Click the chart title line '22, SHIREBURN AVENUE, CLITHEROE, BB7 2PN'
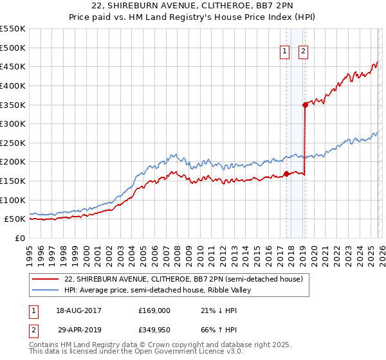193,6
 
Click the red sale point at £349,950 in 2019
305,105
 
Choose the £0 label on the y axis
19,238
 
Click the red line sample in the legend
45,279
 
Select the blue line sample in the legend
45,290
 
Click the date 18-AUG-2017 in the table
79,310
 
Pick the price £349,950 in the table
155,329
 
